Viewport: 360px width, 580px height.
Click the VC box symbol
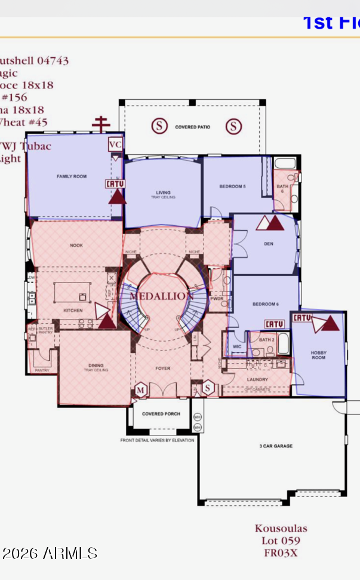click(x=115, y=145)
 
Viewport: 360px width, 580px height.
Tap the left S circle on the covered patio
click(x=159, y=126)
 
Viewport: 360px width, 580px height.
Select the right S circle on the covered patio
click(x=233, y=126)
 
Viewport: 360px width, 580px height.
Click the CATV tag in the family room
click(x=116, y=185)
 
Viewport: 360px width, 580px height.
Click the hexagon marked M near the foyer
click(x=141, y=389)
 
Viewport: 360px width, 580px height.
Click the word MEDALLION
click(x=162, y=296)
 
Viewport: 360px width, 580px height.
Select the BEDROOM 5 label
click(x=232, y=187)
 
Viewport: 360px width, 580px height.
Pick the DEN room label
click(x=269, y=244)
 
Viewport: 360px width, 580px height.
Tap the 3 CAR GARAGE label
click(x=275, y=446)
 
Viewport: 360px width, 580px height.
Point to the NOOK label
click(x=76, y=245)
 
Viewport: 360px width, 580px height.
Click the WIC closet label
click(x=237, y=346)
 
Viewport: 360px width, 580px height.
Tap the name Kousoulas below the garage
click(x=281, y=528)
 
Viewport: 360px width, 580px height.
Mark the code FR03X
click(x=281, y=553)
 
